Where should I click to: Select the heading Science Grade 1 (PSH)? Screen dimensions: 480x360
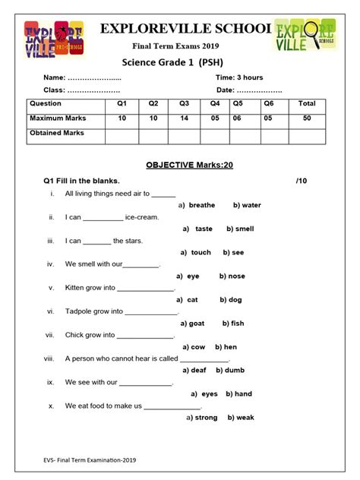179,62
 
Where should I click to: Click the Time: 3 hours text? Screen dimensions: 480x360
240,78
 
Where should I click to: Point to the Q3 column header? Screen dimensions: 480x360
184,103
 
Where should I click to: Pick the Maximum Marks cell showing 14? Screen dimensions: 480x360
184,118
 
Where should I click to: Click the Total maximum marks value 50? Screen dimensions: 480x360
307,118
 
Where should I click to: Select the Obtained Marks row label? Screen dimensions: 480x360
57,133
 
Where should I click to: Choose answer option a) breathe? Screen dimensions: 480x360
197,205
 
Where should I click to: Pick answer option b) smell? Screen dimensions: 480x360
239,229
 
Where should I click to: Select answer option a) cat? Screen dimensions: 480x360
187,300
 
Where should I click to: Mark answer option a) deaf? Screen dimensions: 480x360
193,371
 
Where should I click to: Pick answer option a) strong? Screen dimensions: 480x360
201,418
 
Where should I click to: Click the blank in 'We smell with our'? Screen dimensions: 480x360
141,265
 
